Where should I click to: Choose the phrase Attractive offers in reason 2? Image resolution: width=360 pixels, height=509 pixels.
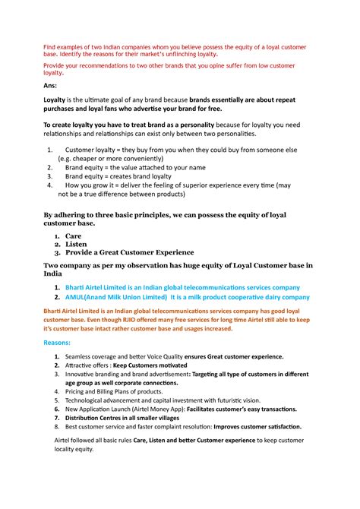(88, 365)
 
